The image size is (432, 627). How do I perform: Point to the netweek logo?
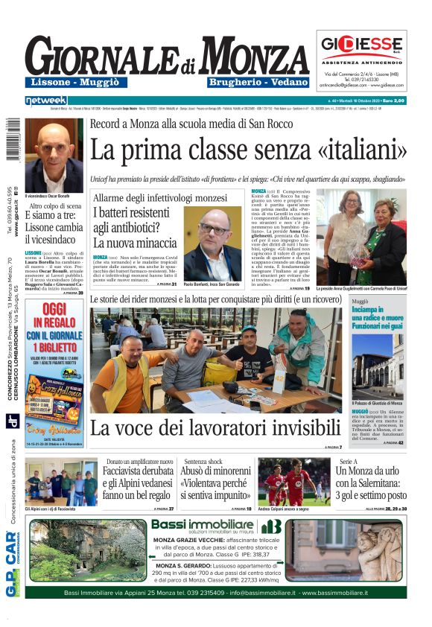(45, 100)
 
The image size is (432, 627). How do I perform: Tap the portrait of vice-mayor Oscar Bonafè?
(54, 154)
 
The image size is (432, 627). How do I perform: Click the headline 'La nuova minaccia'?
(135, 243)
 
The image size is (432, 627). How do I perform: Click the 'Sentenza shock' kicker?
(203, 462)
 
